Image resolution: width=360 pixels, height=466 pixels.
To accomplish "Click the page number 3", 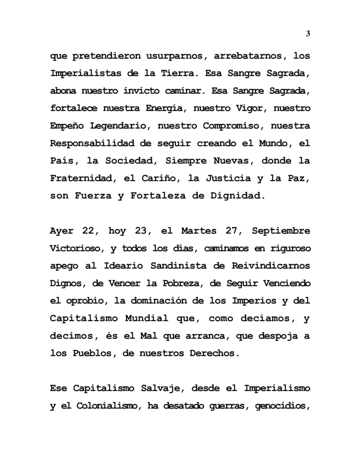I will pos(308,34).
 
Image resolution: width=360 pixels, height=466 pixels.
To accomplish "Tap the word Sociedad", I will pos(130,161).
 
